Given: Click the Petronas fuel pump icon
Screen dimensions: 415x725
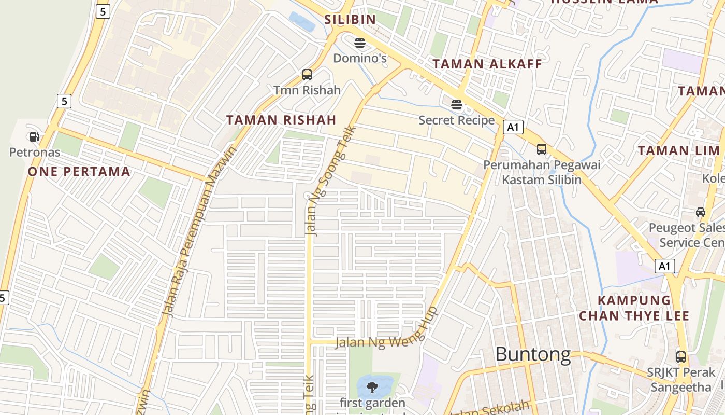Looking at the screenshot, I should pyautogui.click(x=34, y=137).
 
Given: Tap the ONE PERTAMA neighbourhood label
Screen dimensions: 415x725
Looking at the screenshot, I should pyautogui.click(x=79, y=172).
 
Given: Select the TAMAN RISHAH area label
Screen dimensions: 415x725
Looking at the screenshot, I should pyautogui.click(x=281, y=120).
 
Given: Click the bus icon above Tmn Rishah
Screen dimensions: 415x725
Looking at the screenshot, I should pyautogui.click(x=307, y=75).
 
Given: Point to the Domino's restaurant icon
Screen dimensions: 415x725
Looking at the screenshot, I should pyautogui.click(x=360, y=43).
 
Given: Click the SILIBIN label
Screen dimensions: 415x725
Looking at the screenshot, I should pyautogui.click(x=350, y=20).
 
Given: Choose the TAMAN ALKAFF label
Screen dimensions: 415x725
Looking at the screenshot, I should pyautogui.click(x=487, y=64).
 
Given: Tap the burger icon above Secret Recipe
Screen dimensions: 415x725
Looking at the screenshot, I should pyautogui.click(x=456, y=105).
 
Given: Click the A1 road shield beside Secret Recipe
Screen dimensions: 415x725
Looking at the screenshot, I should pyautogui.click(x=513, y=127).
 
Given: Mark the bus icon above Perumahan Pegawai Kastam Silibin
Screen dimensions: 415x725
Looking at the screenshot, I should pyautogui.click(x=541, y=149).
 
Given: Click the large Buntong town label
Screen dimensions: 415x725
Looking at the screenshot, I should pyautogui.click(x=533, y=355).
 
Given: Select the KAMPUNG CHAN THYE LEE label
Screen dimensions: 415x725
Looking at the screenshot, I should pyautogui.click(x=634, y=308).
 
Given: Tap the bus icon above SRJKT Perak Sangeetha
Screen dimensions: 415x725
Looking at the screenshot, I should pyautogui.click(x=681, y=357).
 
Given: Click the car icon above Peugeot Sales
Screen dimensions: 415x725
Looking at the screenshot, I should pyautogui.click(x=701, y=212).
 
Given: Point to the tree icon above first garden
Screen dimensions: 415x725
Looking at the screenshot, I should pyautogui.click(x=371, y=386).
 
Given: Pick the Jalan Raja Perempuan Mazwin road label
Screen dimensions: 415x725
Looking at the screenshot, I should pyautogui.click(x=199, y=231).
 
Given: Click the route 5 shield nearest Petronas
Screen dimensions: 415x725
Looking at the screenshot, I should pyautogui.click(x=64, y=101).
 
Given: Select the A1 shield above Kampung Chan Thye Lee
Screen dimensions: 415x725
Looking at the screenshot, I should pyautogui.click(x=665, y=266).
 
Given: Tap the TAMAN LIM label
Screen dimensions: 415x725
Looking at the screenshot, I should pyautogui.click(x=678, y=151).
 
